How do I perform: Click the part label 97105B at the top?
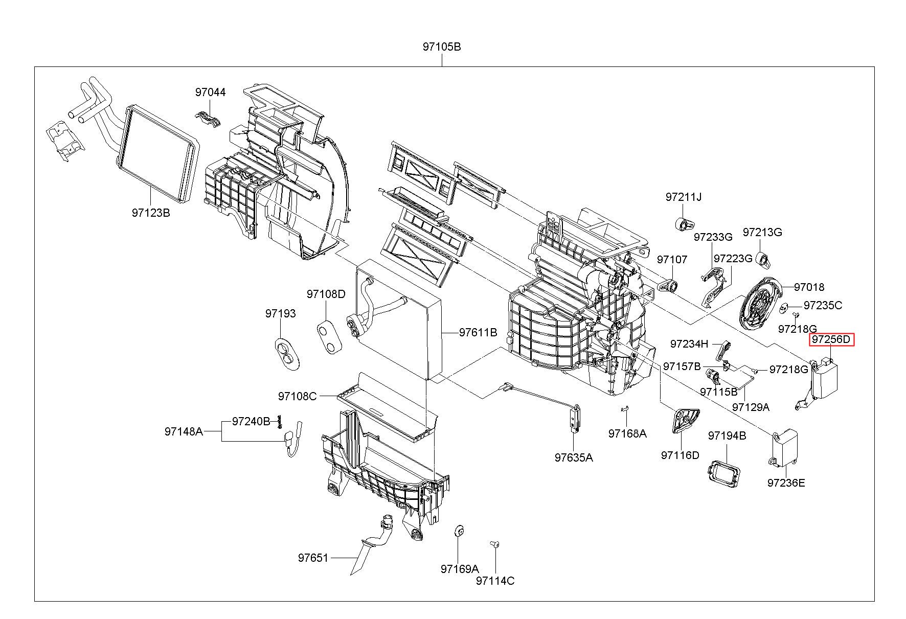pos(442,47)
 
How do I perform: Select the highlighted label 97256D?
pos(831,339)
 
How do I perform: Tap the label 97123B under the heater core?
pos(150,213)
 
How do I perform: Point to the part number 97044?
pos(210,93)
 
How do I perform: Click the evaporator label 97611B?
pos(478,332)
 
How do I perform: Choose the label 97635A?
pos(574,457)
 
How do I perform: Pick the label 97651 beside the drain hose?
pos(313,558)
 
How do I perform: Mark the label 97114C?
pos(495,581)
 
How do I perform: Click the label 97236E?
pos(786,483)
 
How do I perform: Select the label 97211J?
pos(684,197)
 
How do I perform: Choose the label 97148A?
pos(184,431)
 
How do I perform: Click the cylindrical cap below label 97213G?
pos(763,260)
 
